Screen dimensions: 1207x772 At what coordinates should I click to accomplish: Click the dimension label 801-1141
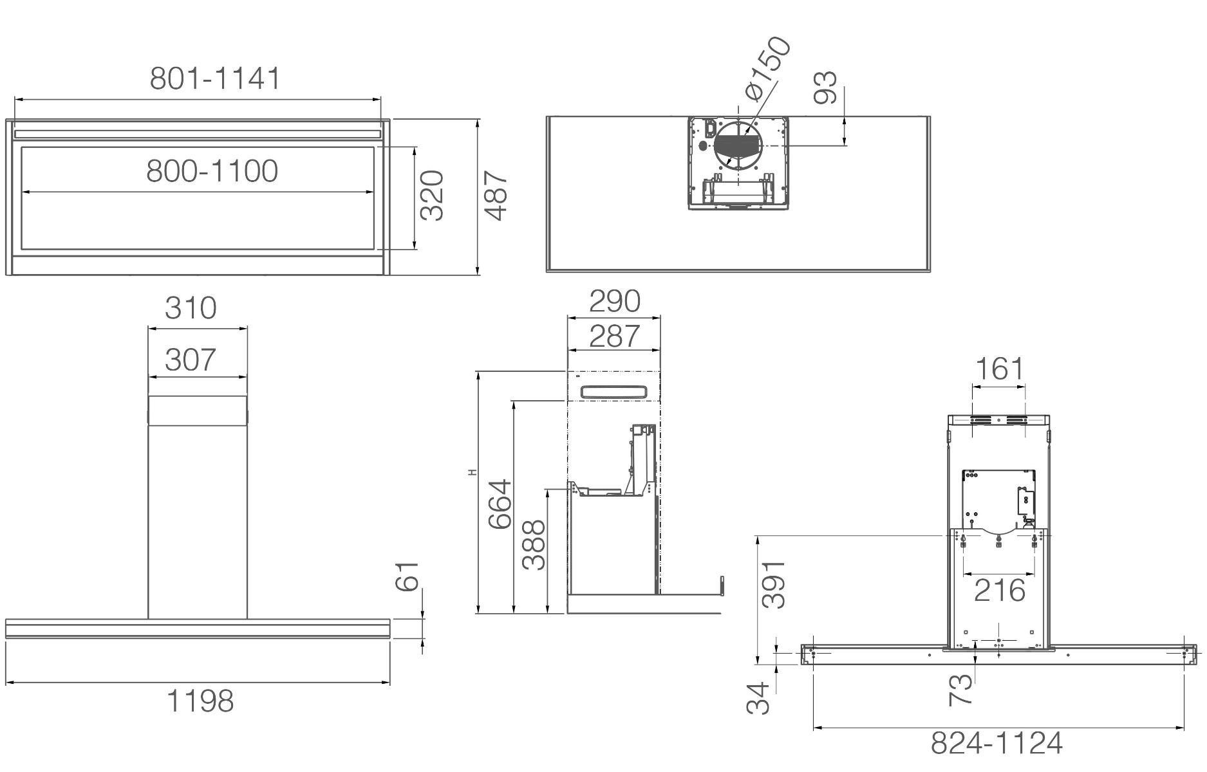(x=215, y=78)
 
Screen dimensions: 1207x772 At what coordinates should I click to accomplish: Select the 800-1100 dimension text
(x=212, y=171)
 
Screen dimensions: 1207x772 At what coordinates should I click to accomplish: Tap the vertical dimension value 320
(x=432, y=196)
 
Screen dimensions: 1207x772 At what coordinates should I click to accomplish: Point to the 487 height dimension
(x=496, y=196)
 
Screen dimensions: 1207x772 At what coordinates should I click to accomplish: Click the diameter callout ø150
(x=768, y=68)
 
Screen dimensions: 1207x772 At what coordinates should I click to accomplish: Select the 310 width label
(x=191, y=308)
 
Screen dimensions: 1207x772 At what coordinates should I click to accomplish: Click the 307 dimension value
(x=191, y=360)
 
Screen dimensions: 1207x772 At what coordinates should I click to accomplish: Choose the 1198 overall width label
(x=200, y=701)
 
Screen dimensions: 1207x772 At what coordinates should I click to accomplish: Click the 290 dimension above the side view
(x=615, y=301)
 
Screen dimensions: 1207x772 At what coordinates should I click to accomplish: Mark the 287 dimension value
(x=615, y=336)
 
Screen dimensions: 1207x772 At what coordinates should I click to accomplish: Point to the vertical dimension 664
(x=500, y=504)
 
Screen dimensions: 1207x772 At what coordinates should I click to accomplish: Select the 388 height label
(x=534, y=545)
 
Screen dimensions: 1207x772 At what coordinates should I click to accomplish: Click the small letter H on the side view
(x=473, y=473)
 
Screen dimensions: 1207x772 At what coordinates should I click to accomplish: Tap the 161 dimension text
(x=999, y=369)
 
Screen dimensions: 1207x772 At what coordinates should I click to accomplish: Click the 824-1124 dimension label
(x=996, y=744)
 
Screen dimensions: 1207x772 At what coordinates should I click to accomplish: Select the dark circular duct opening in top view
(x=738, y=145)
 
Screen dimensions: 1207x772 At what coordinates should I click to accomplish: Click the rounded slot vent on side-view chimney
(x=613, y=392)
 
